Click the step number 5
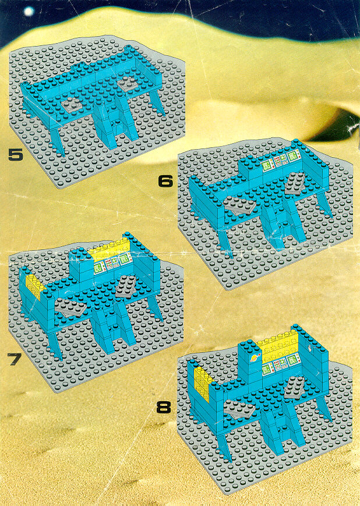pos(16,154)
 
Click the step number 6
pos(165,181)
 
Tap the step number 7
pos(14,359)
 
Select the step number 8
pos(164,407)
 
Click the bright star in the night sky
pos(29,12)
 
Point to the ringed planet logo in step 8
pos(255,358)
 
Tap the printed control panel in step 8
pos(281,365)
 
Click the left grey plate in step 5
pos(73,105)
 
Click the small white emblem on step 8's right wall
pos(310,348)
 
